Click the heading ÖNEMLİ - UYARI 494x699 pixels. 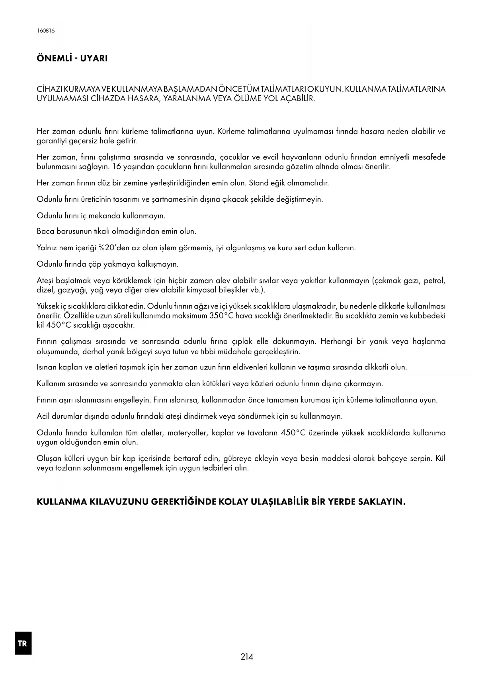click(72, 58)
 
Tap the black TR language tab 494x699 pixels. click(23, 643)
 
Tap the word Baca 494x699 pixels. click(45, 231)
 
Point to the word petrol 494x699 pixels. click(434, 281)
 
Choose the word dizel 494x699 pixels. click(45, 290)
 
